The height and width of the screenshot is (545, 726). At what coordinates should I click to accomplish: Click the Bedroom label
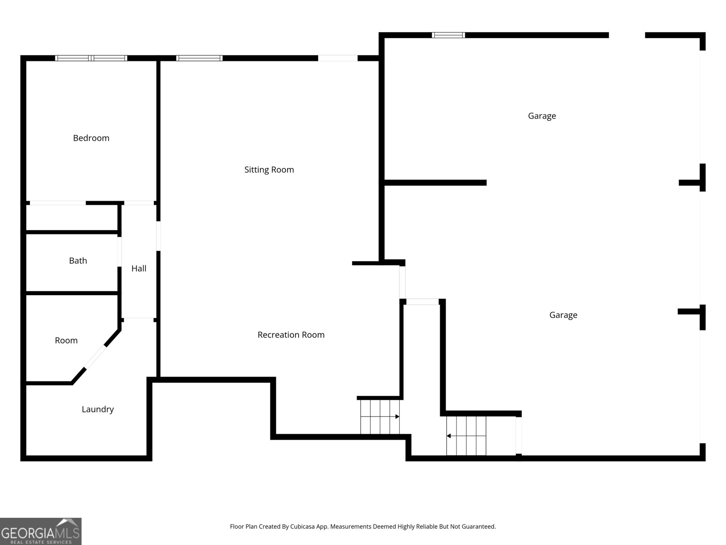(x=91, y=138)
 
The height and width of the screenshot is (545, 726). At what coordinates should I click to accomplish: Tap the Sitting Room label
(x=269, y=170)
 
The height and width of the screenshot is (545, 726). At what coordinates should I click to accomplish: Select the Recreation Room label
(x=291, y=335)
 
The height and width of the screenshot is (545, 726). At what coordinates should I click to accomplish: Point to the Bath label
(x=78, y=261)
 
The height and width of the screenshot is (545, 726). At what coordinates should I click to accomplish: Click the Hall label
(x=139, y=268)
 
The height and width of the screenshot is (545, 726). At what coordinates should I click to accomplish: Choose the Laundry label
(x=98, y=409)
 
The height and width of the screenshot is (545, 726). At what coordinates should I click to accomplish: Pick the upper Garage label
(x=542, y=116)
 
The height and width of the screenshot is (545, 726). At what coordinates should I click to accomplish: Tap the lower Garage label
(x=563, y=315)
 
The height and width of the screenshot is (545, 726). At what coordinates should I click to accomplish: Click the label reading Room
(x=66, y=341)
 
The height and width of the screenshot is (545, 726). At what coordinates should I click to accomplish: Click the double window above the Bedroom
(x=91, y=58)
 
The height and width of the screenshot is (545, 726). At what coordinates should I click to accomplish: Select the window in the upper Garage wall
(x=448, y=35)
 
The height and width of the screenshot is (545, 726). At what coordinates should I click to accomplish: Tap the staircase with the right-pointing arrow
(x=380, y=416)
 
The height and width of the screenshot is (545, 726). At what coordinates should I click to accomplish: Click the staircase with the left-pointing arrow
(x=466, y=436)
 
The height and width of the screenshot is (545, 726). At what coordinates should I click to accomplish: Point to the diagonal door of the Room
(x=95, y=357)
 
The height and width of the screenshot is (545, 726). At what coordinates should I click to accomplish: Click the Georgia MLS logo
(x=41, y=531)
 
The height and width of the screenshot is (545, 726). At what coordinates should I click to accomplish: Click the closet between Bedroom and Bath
(x=72, y=218)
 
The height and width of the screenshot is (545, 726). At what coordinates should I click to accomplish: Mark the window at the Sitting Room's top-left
(x=199, y=58)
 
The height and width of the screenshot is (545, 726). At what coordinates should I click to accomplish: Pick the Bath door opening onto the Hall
(x=119, y=251)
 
